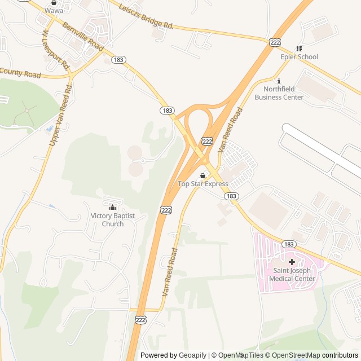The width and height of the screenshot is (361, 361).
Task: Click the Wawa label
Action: pyautogui.click(x=54, y=10)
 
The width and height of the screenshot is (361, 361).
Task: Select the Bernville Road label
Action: pyautogui.click(x=83, y=37)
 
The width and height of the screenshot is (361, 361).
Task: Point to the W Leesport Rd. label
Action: pyautogui.click(x=55, y=50)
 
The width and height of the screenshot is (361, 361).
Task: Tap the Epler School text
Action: pyautogui.click(x=299, y=56)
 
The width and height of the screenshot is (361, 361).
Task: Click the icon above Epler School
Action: pyautogui.click(x=299, y=49)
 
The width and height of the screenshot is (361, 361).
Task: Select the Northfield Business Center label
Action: pyautogui.click(x=279, y=93)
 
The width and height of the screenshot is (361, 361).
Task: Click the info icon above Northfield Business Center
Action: pyautogui.click(x=279, y=81)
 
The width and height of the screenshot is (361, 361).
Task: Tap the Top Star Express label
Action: pyautogui.click(x=203, y=184)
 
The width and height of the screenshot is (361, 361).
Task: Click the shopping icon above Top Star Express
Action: pyautogui.click(x=202, y=175)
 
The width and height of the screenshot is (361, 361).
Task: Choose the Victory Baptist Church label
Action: pyautogui.click(x=113, y=220)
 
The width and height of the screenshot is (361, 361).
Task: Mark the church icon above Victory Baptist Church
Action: pyautogui.click(x=112, y=207)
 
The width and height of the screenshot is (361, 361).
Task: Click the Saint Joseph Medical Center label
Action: pyautogui.click(x=292, y=275)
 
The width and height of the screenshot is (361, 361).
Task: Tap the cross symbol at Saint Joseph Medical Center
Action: pyautogui.click(x=292, y=262)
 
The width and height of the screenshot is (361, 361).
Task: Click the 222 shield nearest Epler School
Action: pyautogui.click(x=275, y=43)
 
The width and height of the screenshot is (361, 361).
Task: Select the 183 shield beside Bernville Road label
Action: pyautogui.click(x=118, y=59)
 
